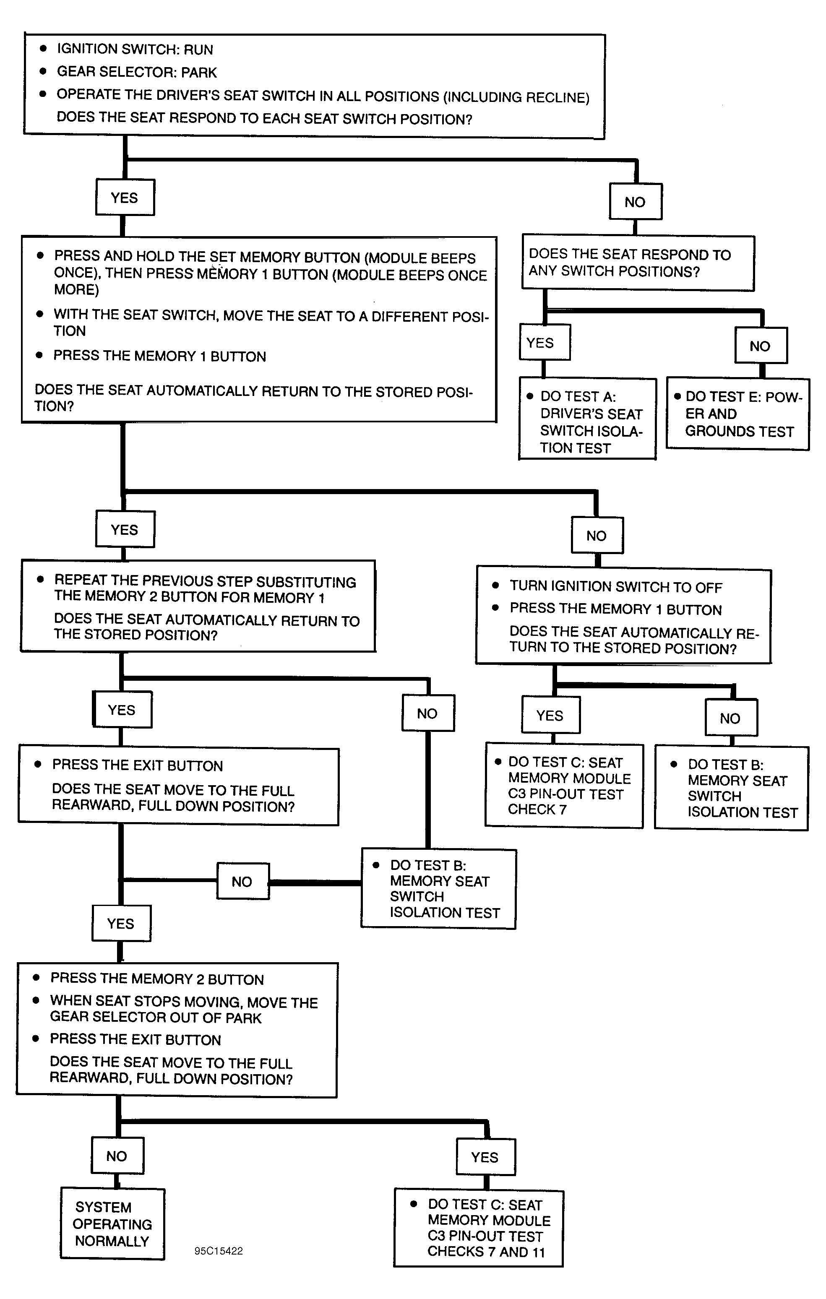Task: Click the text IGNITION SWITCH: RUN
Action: [x=135, y=49]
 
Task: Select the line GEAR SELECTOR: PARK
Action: [x=136, y=72]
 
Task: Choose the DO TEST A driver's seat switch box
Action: [x=588, y=419]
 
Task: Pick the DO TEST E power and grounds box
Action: [x=737, y=414]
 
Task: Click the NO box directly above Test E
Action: [x=761, y=345]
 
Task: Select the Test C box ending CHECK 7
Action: [x=564, y=786]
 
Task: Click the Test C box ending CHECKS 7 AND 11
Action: [x=479, y=1227]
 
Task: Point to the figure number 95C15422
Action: [x=219, y=1251]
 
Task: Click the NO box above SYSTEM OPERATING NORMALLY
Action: [x=117, y=1156]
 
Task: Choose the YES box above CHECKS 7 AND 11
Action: [x=485, y=1156]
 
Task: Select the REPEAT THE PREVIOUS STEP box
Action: [x=198, y=606]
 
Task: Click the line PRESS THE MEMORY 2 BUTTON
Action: [x=157, y=979]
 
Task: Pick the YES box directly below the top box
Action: [x=125, y=198]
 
